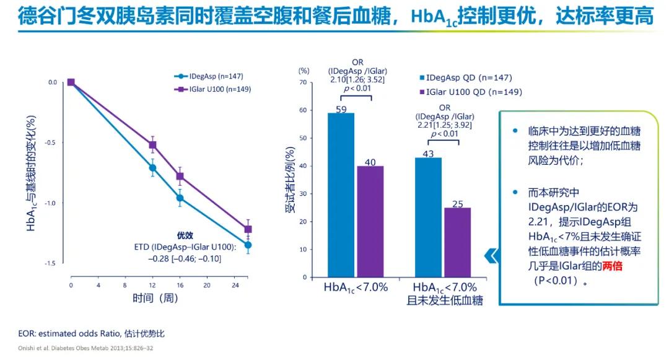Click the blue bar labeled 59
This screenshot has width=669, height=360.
click(x=341, y=195)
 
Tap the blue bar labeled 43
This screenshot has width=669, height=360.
click(x=428, y=217)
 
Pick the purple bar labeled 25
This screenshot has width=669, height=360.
click(x=457, y=242)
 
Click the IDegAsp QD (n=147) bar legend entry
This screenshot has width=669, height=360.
click(x=465, y=78)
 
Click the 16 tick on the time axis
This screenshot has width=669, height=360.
click(x=180, y=285)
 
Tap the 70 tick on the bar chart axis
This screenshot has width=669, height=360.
click(x=303, y=82)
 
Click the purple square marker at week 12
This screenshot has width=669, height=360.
click(x=152, y=145)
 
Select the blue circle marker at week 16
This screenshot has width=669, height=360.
click(x=180, y=198)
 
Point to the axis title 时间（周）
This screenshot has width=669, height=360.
click(x=155, y=298)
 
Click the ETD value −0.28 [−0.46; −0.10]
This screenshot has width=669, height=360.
click(x=184, y=258)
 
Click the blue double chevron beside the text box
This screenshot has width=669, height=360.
click(x=491, y=255)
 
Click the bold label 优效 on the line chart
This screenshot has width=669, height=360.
click(x=185, y=235)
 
